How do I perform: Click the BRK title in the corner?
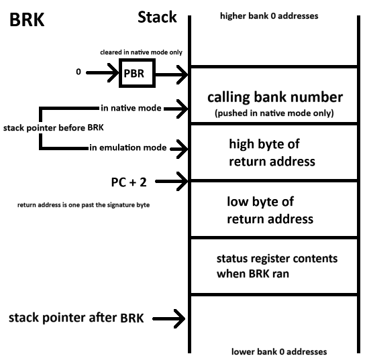(x=27, y=19)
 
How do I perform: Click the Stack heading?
(x=157, y=17)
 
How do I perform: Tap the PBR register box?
(x=137, y=73)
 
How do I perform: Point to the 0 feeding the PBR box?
(x=78, y=72)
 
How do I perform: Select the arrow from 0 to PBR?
(x=103, y=73)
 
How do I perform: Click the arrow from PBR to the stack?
(x=172, y=74)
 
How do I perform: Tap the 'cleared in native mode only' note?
(x=141, y=52)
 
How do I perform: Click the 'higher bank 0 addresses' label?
(x=269, y=16)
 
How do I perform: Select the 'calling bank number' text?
(x=275, y=97)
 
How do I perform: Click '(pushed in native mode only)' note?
(x=274, y=113)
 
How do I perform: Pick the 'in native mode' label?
(x=131, y=108)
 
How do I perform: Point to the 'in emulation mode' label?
(x=127, y=147)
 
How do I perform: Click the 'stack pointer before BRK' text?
(x=54, y=128)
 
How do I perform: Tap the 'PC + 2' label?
(x=129, y=182)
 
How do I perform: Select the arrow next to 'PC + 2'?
(x=172, y=181)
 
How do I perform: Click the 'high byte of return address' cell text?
(x=272, y=153)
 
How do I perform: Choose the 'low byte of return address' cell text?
(x=270, y=211)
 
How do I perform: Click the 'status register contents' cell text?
(x=277, y=266)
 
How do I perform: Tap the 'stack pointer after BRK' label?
(x=76, y=318)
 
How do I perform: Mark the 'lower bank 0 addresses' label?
(x=279, y=351)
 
